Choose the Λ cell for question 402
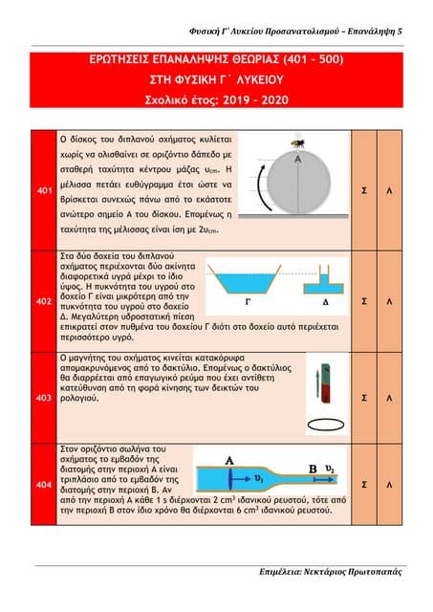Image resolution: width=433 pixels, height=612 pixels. coord(401,301)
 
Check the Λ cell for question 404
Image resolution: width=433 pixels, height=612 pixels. coord(401,485)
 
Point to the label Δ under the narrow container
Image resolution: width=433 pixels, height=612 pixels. coord(325,300)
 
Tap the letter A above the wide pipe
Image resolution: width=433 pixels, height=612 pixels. coord(229,460)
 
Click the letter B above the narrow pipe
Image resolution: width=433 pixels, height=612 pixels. coord(313,469)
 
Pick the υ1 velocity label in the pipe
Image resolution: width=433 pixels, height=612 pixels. coord(258,478)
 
